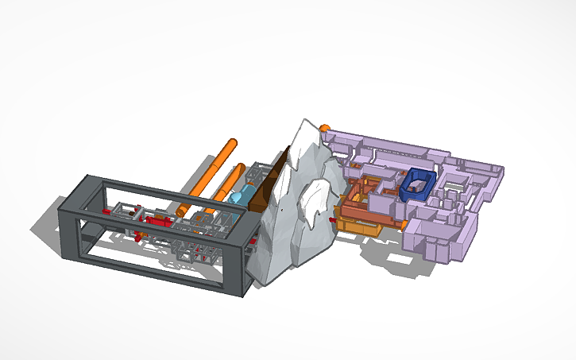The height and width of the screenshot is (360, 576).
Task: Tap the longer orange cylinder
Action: pos(206,176)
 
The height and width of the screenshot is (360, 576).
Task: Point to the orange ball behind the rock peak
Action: pos(325,127)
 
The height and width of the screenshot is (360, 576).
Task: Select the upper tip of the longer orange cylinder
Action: pos(231,143)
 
